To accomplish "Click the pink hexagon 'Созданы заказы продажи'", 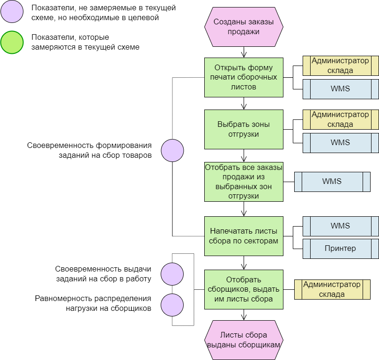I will (x=244, y=27).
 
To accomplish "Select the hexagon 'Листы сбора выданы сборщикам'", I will (x=244, y=340).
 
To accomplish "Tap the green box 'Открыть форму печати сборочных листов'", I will (x=244, y=77).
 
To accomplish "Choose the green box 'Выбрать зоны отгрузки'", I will (x=244, y=129).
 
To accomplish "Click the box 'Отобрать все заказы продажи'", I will (x=244, y=181).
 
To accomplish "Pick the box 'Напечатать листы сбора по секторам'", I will (x=244, y=236).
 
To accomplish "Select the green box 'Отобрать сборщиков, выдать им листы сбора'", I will (x=244, y=289).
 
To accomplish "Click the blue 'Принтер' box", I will (x=340, y=249).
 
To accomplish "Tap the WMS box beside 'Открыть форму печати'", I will (x=340, y=89).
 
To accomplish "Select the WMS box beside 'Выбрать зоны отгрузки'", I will (x=340, y=142).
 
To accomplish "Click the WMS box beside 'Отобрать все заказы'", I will (x=332, y=182).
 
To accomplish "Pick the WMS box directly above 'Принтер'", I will (x=340, y=226).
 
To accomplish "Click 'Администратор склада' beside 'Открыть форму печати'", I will (x=340, y=66).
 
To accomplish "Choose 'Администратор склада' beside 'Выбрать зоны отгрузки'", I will (x=340, y=119).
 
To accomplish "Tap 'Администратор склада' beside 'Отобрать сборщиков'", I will (x=332, y=289).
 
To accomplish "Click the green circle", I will (x=12, y=43).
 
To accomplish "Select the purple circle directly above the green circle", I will (x=12, y=11).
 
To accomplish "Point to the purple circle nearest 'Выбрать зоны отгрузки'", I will (x=172, y=150).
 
